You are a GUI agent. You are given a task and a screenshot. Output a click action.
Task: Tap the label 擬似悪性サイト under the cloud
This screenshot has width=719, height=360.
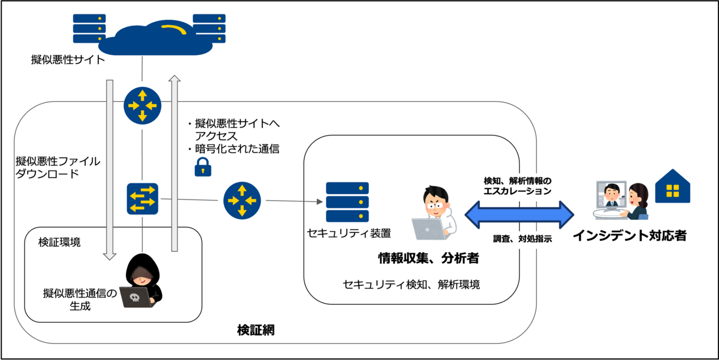coord(68,60)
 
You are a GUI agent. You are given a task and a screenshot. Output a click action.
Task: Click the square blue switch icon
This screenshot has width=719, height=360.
coord(143,199)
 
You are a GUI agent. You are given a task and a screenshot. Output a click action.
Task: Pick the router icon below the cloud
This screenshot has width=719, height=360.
coord(143,105)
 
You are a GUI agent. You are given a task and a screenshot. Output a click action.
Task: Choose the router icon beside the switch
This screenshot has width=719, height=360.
coord(242,200)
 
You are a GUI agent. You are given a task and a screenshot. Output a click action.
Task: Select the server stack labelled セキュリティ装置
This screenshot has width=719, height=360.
coord(348,202)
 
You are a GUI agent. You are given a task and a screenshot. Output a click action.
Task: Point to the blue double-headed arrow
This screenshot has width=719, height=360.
coord(520,214)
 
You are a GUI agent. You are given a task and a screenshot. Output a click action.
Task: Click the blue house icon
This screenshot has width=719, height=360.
coord(673,185)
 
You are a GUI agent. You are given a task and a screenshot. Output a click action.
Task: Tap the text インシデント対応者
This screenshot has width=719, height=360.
coord(629,236)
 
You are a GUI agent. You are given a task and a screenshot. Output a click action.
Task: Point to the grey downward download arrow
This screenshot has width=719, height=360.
coord(109,168)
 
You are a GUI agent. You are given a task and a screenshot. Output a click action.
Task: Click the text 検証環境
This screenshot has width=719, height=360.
coord(59,243)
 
